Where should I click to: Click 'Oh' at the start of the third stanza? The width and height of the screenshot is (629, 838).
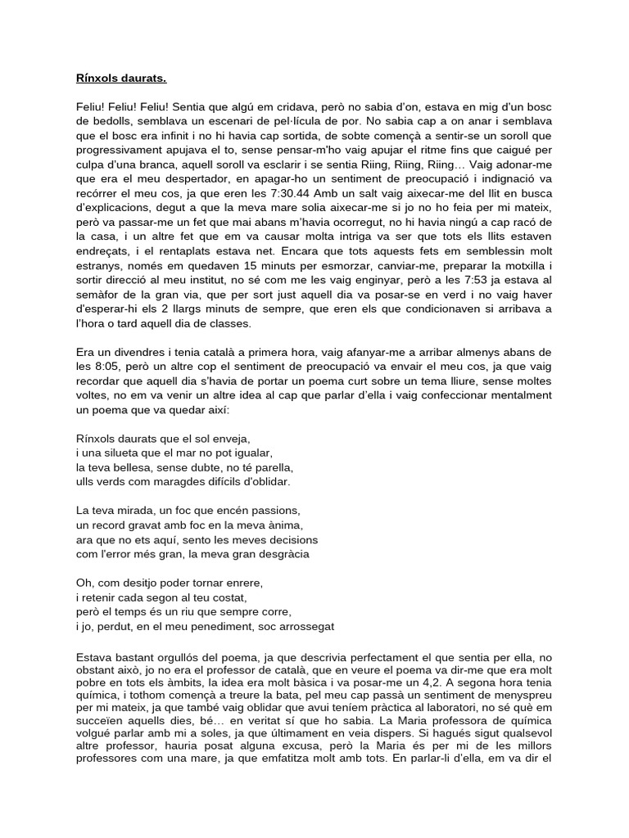72,583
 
